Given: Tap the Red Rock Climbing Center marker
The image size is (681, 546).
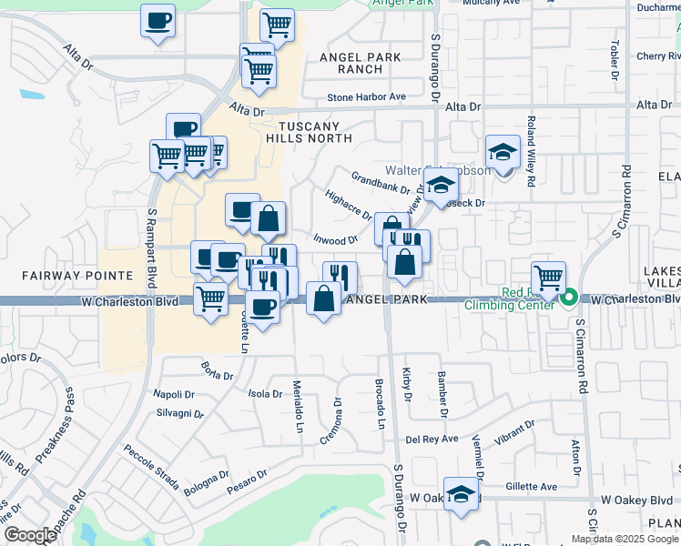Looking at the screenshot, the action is (x=570, y=298).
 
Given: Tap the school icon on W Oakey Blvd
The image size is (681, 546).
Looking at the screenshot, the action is (x=462, y=495).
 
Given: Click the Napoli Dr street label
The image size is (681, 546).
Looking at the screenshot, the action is (x=174, y=394).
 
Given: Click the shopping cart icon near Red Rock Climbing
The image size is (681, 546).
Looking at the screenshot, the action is (x=548, y=278).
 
